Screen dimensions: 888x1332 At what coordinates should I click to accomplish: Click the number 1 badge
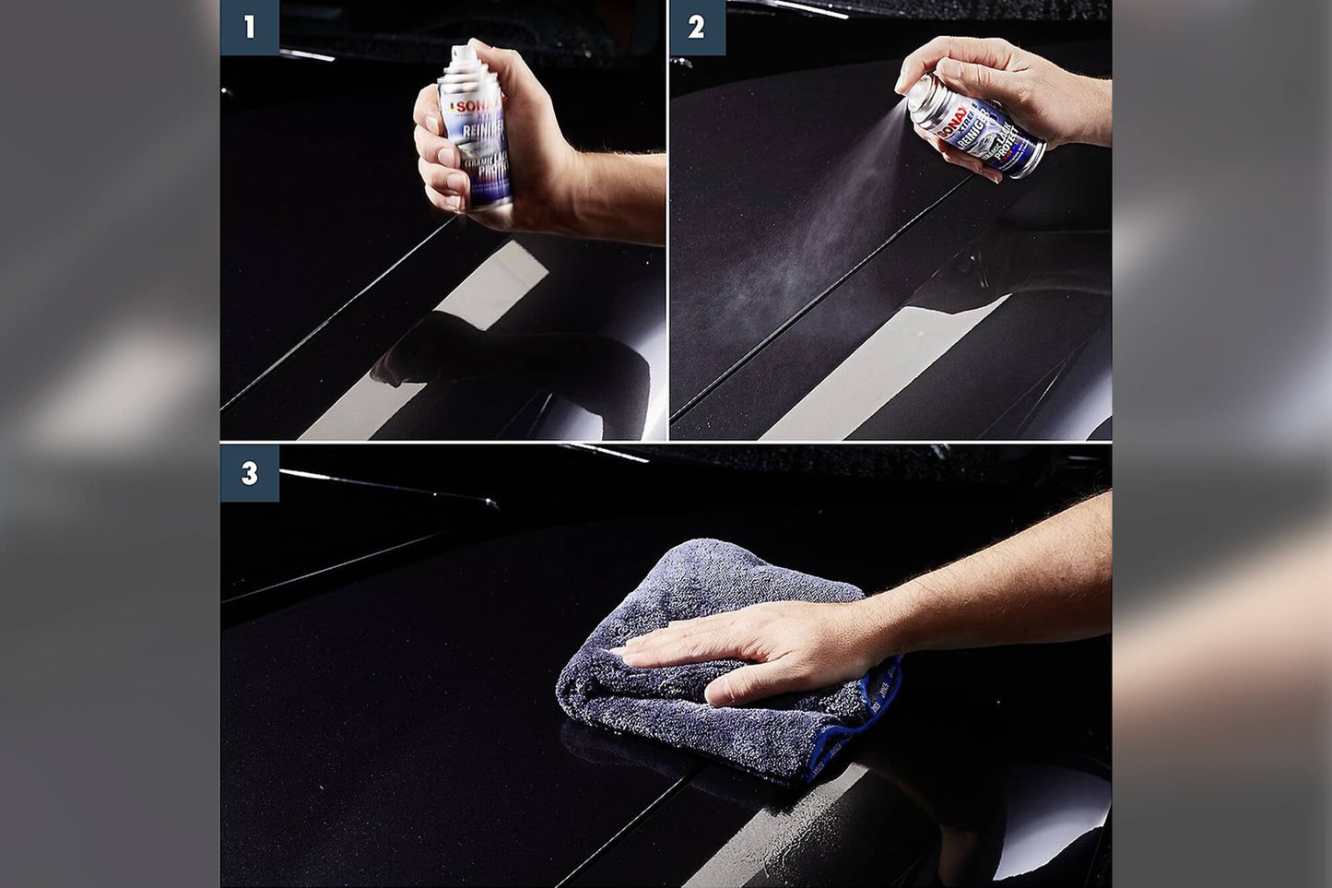[x=249, y=27]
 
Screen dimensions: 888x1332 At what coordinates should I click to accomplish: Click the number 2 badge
[x=697, y=27]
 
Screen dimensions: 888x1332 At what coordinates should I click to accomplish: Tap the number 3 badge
[x=249, y=473]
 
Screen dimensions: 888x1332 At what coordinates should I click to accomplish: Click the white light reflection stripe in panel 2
[x=885, y=369]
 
